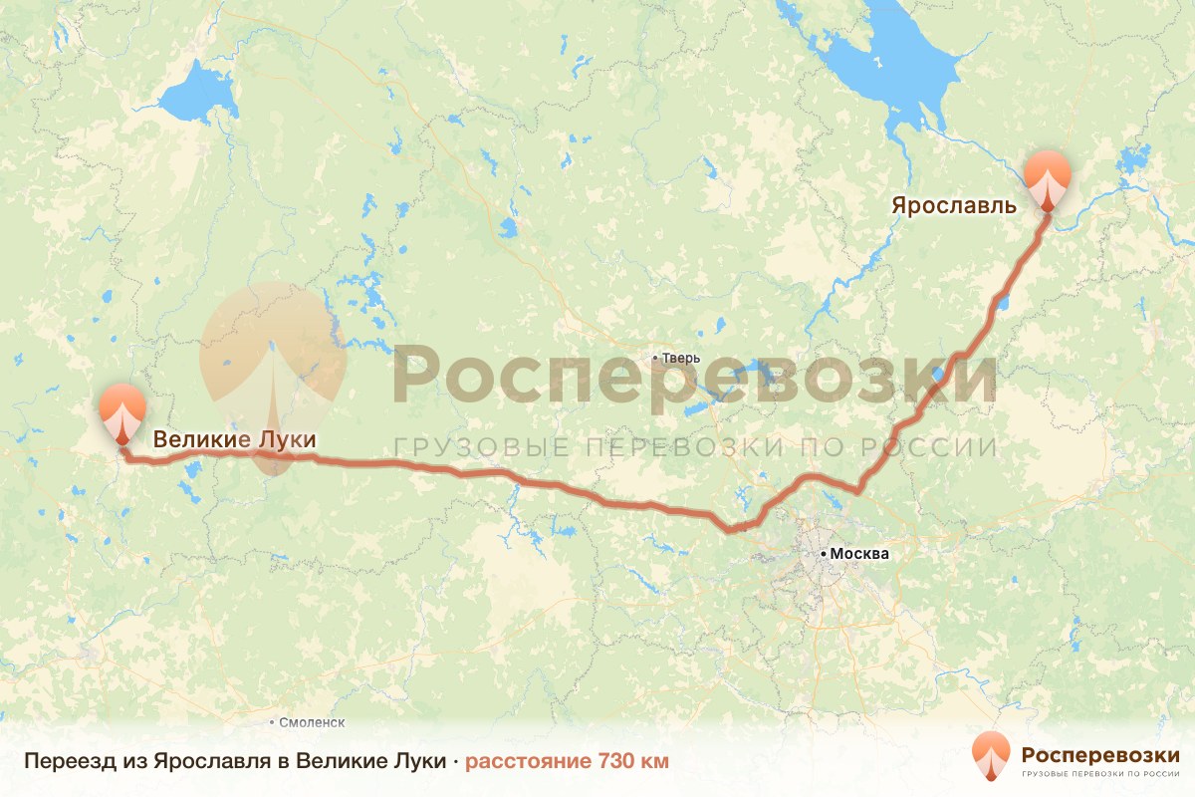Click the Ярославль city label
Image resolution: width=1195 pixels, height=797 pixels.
click(953, 207)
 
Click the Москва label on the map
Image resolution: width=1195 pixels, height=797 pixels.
click(858, 554)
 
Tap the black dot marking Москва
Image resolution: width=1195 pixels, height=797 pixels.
click(823, 553)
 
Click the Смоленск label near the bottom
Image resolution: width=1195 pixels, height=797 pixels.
click(312, 722)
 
